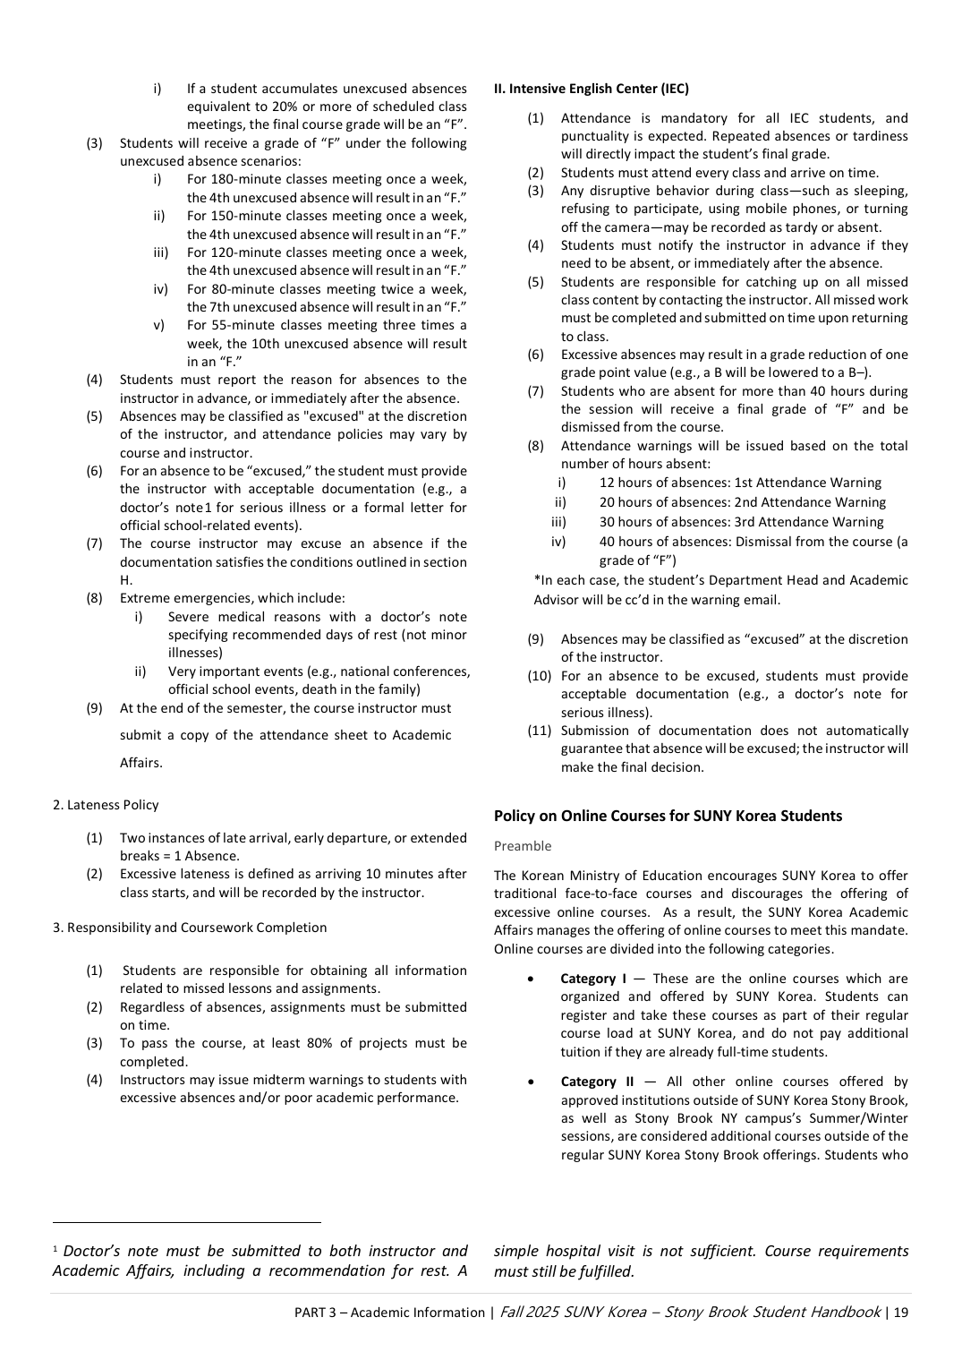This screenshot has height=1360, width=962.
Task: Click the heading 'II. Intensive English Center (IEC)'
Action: point(591,89)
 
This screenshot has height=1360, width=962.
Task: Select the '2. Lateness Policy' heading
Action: point(106,805)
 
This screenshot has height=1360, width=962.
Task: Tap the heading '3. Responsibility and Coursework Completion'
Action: point(190,928)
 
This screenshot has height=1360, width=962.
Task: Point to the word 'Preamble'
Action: point(523,846)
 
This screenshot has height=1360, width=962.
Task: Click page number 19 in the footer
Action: point(900,1313)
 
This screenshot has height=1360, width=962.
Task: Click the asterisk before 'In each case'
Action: point(537,580)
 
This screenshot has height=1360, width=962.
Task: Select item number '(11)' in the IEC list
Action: point(539,731)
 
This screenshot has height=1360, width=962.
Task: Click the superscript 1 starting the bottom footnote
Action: point(55,1248)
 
